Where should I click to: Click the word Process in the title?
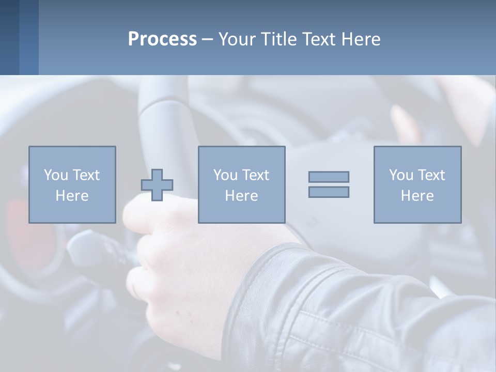162,39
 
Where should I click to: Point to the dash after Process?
207,40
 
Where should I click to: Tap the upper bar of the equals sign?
329,177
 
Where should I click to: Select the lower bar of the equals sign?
329,192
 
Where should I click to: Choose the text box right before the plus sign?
72,184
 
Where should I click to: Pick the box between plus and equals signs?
242,184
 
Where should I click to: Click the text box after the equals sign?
417,184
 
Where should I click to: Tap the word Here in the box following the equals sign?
417,196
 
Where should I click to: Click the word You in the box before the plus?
56,175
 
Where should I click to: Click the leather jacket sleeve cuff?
269,289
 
